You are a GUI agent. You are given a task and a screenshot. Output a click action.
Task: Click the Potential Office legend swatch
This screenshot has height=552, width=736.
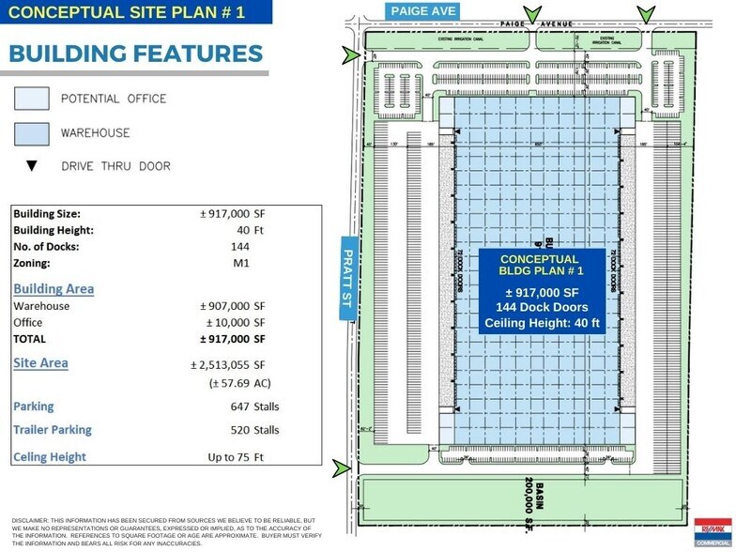click(x=32, y=98)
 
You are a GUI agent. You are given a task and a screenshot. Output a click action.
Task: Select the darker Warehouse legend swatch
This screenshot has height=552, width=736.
click(x=32, y=132)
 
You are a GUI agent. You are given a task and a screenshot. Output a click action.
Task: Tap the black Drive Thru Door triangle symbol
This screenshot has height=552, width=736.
click(x=32, y=166)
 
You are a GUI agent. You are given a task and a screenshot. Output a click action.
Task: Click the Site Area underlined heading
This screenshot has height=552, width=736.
click(x=40, y=362)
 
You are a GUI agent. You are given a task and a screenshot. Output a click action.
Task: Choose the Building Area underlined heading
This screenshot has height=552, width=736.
click(x=53, y=288)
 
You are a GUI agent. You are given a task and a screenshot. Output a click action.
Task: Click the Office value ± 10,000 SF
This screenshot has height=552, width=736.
click(x=233, y=322)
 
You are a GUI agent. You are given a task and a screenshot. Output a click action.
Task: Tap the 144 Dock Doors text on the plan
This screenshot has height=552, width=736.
click(x=542, y=307)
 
